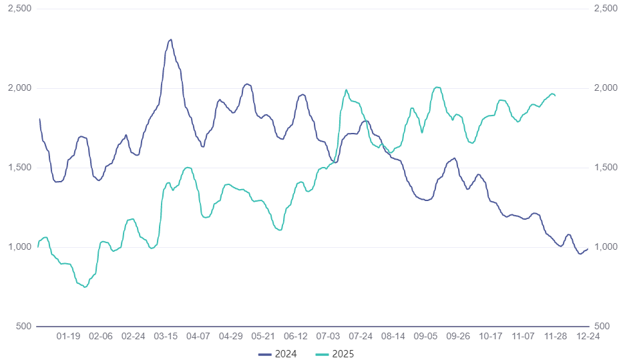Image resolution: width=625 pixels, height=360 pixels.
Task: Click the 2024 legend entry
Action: coord(278,353)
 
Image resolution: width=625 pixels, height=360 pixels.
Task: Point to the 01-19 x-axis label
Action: coord(69,337)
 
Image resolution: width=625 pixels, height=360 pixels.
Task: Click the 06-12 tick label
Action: coord(296,337)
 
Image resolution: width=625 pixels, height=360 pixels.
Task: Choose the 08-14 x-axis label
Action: coord(393,337)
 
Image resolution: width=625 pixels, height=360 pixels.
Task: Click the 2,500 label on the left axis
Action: coord(19,9)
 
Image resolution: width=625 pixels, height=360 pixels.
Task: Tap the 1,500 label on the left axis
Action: coord(19,168)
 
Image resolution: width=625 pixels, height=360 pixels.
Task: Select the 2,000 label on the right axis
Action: coord(605,88)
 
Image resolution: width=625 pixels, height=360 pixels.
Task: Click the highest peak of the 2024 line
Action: coord(171,39)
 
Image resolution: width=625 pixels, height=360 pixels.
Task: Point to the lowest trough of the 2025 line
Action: coord(85,287)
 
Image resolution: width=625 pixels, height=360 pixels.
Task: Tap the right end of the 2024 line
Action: coord(588,249)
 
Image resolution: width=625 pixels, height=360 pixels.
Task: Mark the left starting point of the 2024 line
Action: coord(39,119)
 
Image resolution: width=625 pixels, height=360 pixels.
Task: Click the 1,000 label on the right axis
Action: coord(605,247)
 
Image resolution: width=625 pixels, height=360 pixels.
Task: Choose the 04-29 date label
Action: coord(230,337)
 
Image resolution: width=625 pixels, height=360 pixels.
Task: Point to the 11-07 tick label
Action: coord(523,337)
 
